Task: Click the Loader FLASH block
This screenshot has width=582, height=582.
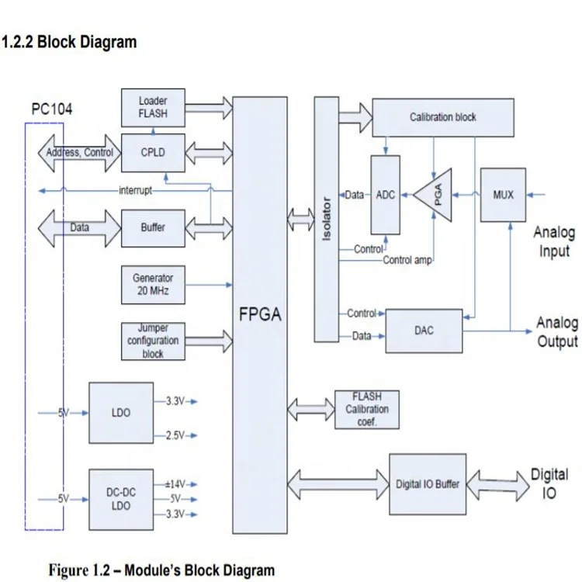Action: pos(153,108)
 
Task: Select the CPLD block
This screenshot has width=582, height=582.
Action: pos(153,153)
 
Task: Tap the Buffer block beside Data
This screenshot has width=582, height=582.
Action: pos(153,228)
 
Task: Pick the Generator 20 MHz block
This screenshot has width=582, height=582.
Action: pos(153,285)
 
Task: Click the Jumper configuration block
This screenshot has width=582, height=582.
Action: pos(153,341)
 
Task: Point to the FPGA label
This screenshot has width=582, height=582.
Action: pos(259,315)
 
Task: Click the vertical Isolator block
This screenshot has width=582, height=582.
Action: pos(327,220)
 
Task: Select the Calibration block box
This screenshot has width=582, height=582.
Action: pos(442,118)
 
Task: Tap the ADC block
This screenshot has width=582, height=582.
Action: pos(386,195)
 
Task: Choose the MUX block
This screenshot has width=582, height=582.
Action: pos(503,194)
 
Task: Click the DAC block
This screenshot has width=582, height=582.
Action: pos(424,331)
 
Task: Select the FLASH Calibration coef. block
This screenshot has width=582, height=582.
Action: pos(367,409)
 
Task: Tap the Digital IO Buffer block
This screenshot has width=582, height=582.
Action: pos(428,484)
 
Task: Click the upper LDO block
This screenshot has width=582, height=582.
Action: pos(122,413)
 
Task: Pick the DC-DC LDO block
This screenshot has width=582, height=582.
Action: pos(122,499)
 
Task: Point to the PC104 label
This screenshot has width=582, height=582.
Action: pos(52,109)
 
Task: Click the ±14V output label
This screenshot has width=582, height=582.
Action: pos(175,483)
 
